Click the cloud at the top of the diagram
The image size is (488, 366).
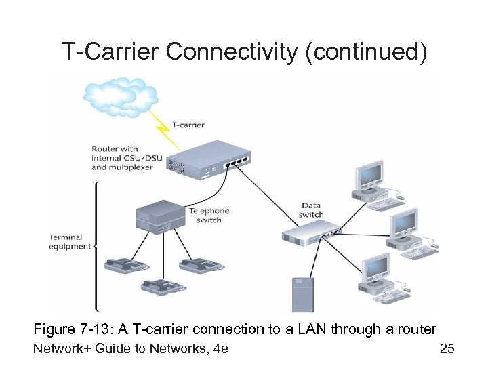pyautogui.click(x=120, y=96)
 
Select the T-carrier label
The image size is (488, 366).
pyautogui.click(x=188, y=125)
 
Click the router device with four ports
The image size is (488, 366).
pyautogui.click(x=210, y=157)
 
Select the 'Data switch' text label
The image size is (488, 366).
pyautogui.click(x=311, y=210)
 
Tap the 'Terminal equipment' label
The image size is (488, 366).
pyautogui.click(x=70, y=242)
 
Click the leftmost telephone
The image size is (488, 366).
pyautogui.click(x=125, y=266)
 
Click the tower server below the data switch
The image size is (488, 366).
pyautogui.click(x=302, y=294)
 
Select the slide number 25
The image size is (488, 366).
pyautogui.click(x=447, y=349)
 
